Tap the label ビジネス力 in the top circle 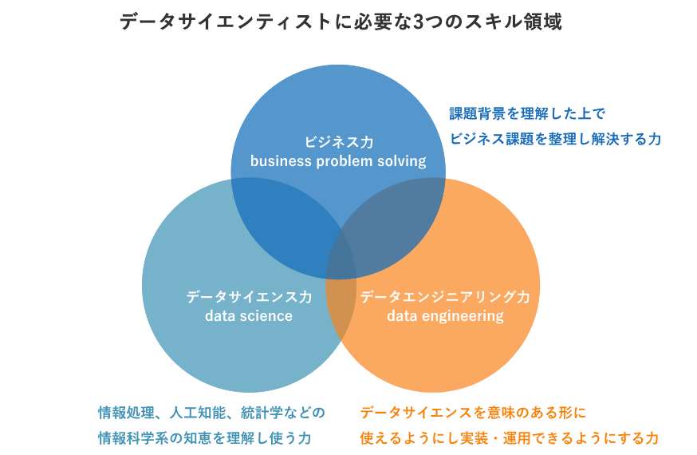[338, 142]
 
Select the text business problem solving [338, 161]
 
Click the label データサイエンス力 [249, 297]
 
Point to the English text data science [249, 316]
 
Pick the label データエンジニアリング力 [445, 297]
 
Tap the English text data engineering [445, 316]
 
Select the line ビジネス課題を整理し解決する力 [556, 139]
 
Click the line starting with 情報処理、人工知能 [211, 413]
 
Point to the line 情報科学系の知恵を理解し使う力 [204, 438]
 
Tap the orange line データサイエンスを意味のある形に [473, 413]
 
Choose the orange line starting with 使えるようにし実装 [510, 438]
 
